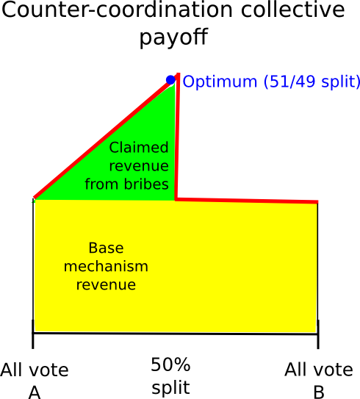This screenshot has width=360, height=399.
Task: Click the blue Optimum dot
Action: pos(170,80)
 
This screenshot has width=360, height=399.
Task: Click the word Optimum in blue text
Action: pos(220,82)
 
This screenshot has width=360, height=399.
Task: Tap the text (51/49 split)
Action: pos(312,82)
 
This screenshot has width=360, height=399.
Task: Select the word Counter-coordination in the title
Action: pos(117,10)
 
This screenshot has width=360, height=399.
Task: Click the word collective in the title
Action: pos(293,10)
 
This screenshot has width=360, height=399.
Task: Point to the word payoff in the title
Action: pos(174,37)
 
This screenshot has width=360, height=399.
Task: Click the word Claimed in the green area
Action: pos(139,148)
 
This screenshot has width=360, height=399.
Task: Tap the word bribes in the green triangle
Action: pos(146,184)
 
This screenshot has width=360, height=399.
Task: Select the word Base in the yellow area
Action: pos(106,248)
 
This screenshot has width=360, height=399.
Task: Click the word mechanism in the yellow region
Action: pos(106,266)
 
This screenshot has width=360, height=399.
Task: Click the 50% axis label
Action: pos(170,364)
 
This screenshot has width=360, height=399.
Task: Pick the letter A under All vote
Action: pos(35,392)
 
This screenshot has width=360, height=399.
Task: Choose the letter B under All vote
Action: pos(319,392)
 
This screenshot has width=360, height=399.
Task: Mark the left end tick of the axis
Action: pos(33,334)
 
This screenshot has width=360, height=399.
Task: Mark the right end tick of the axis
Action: pos(318,334)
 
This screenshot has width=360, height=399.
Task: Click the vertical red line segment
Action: pos(177,137)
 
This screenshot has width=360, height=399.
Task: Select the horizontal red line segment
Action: pos(247,201)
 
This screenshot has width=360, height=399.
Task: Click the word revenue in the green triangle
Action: pos(139,166)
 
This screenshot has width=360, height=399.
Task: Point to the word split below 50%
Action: pos(170,388)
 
